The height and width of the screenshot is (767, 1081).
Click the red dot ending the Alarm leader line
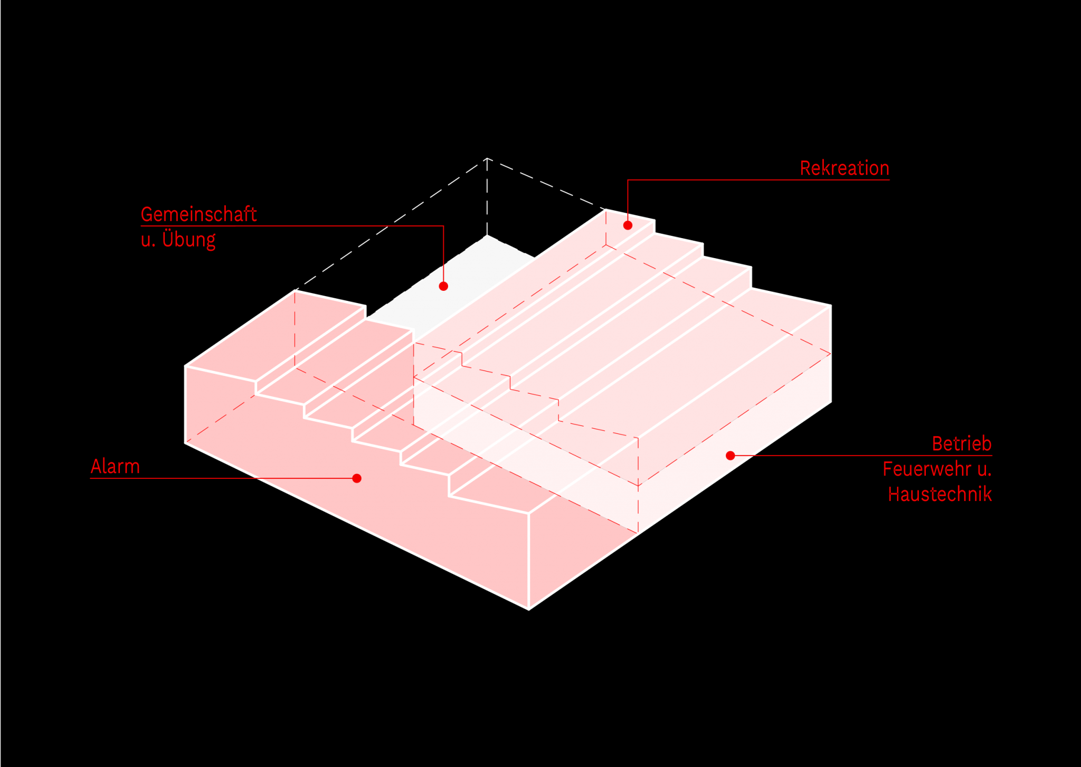[357, 478]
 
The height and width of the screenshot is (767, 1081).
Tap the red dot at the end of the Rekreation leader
[628, 225]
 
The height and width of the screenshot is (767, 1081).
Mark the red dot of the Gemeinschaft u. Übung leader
[443, 286]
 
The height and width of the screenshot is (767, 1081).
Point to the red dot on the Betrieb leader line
[731, 456]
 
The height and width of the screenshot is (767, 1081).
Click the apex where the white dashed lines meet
[487, 158]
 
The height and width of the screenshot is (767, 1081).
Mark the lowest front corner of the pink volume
[528, 610]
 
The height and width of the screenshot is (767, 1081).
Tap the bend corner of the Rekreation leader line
[628, 180]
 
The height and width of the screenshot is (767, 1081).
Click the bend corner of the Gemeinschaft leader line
[443, 226]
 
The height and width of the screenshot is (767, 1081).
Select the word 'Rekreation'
[845, 168]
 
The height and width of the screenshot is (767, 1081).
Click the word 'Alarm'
[115, 467]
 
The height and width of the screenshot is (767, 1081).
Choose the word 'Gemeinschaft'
[199, 214]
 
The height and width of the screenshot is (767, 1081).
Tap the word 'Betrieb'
[962, 444]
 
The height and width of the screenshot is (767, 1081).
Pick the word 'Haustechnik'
[940, 495]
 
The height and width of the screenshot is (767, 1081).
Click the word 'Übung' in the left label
[188, 240]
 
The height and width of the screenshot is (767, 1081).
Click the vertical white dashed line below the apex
[487, 196]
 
